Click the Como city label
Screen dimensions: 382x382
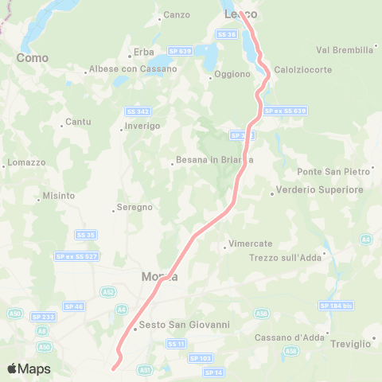33,58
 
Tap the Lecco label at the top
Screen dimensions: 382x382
240,14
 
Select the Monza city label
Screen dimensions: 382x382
158,276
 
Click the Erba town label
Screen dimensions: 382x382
143,52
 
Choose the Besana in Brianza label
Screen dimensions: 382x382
215,159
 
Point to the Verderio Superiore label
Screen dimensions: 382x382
319,190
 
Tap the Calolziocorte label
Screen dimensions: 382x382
302,70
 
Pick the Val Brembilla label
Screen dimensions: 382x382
345,49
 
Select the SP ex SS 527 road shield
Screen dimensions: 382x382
77,255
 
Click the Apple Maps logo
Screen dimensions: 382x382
29,368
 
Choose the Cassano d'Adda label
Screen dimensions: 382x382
290,337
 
